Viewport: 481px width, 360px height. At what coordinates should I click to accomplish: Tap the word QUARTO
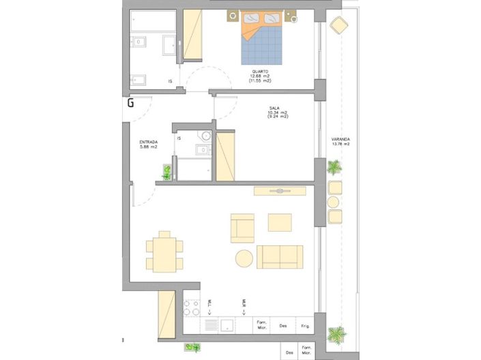pyautogui.click(x=259, y=72)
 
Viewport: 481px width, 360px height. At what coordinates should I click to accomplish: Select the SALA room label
pyautogui.click(x=275, y=108)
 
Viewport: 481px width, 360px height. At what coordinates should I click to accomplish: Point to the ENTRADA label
pyautogui.click(x=149, y=142)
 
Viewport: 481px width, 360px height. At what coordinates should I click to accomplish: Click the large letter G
pyautogui.click(x=130, y=103)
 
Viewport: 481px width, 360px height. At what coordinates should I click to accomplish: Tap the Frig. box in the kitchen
pyautogui.click(x=304, y=326)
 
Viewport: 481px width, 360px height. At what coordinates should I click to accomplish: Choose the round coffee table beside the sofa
pyautogui.click(x=244, y=259)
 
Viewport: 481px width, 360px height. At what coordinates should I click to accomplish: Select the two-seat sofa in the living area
pyautogui.click(x=280, y=256)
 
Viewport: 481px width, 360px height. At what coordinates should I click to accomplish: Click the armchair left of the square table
pyautogui.click(x=242, y=228)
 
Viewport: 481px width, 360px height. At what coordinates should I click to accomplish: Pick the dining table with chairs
pyautogui.click(x=164, y=252)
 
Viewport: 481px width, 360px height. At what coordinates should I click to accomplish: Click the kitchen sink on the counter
pyautogui.click(x=227, y=326)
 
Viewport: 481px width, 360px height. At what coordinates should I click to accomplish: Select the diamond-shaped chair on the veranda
pyautogui.click(x=338, y=26)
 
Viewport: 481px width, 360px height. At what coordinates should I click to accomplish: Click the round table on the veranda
pyautogui.click(x=334, y=202)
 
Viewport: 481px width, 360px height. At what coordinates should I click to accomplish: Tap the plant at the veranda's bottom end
pyautogui.click(x=336, y=335)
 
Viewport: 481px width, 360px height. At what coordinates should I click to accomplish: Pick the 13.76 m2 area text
pyautogui.click(x=340, y=145)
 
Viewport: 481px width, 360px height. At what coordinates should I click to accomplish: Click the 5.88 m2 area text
pyautogui.click(x=149, y=147)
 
